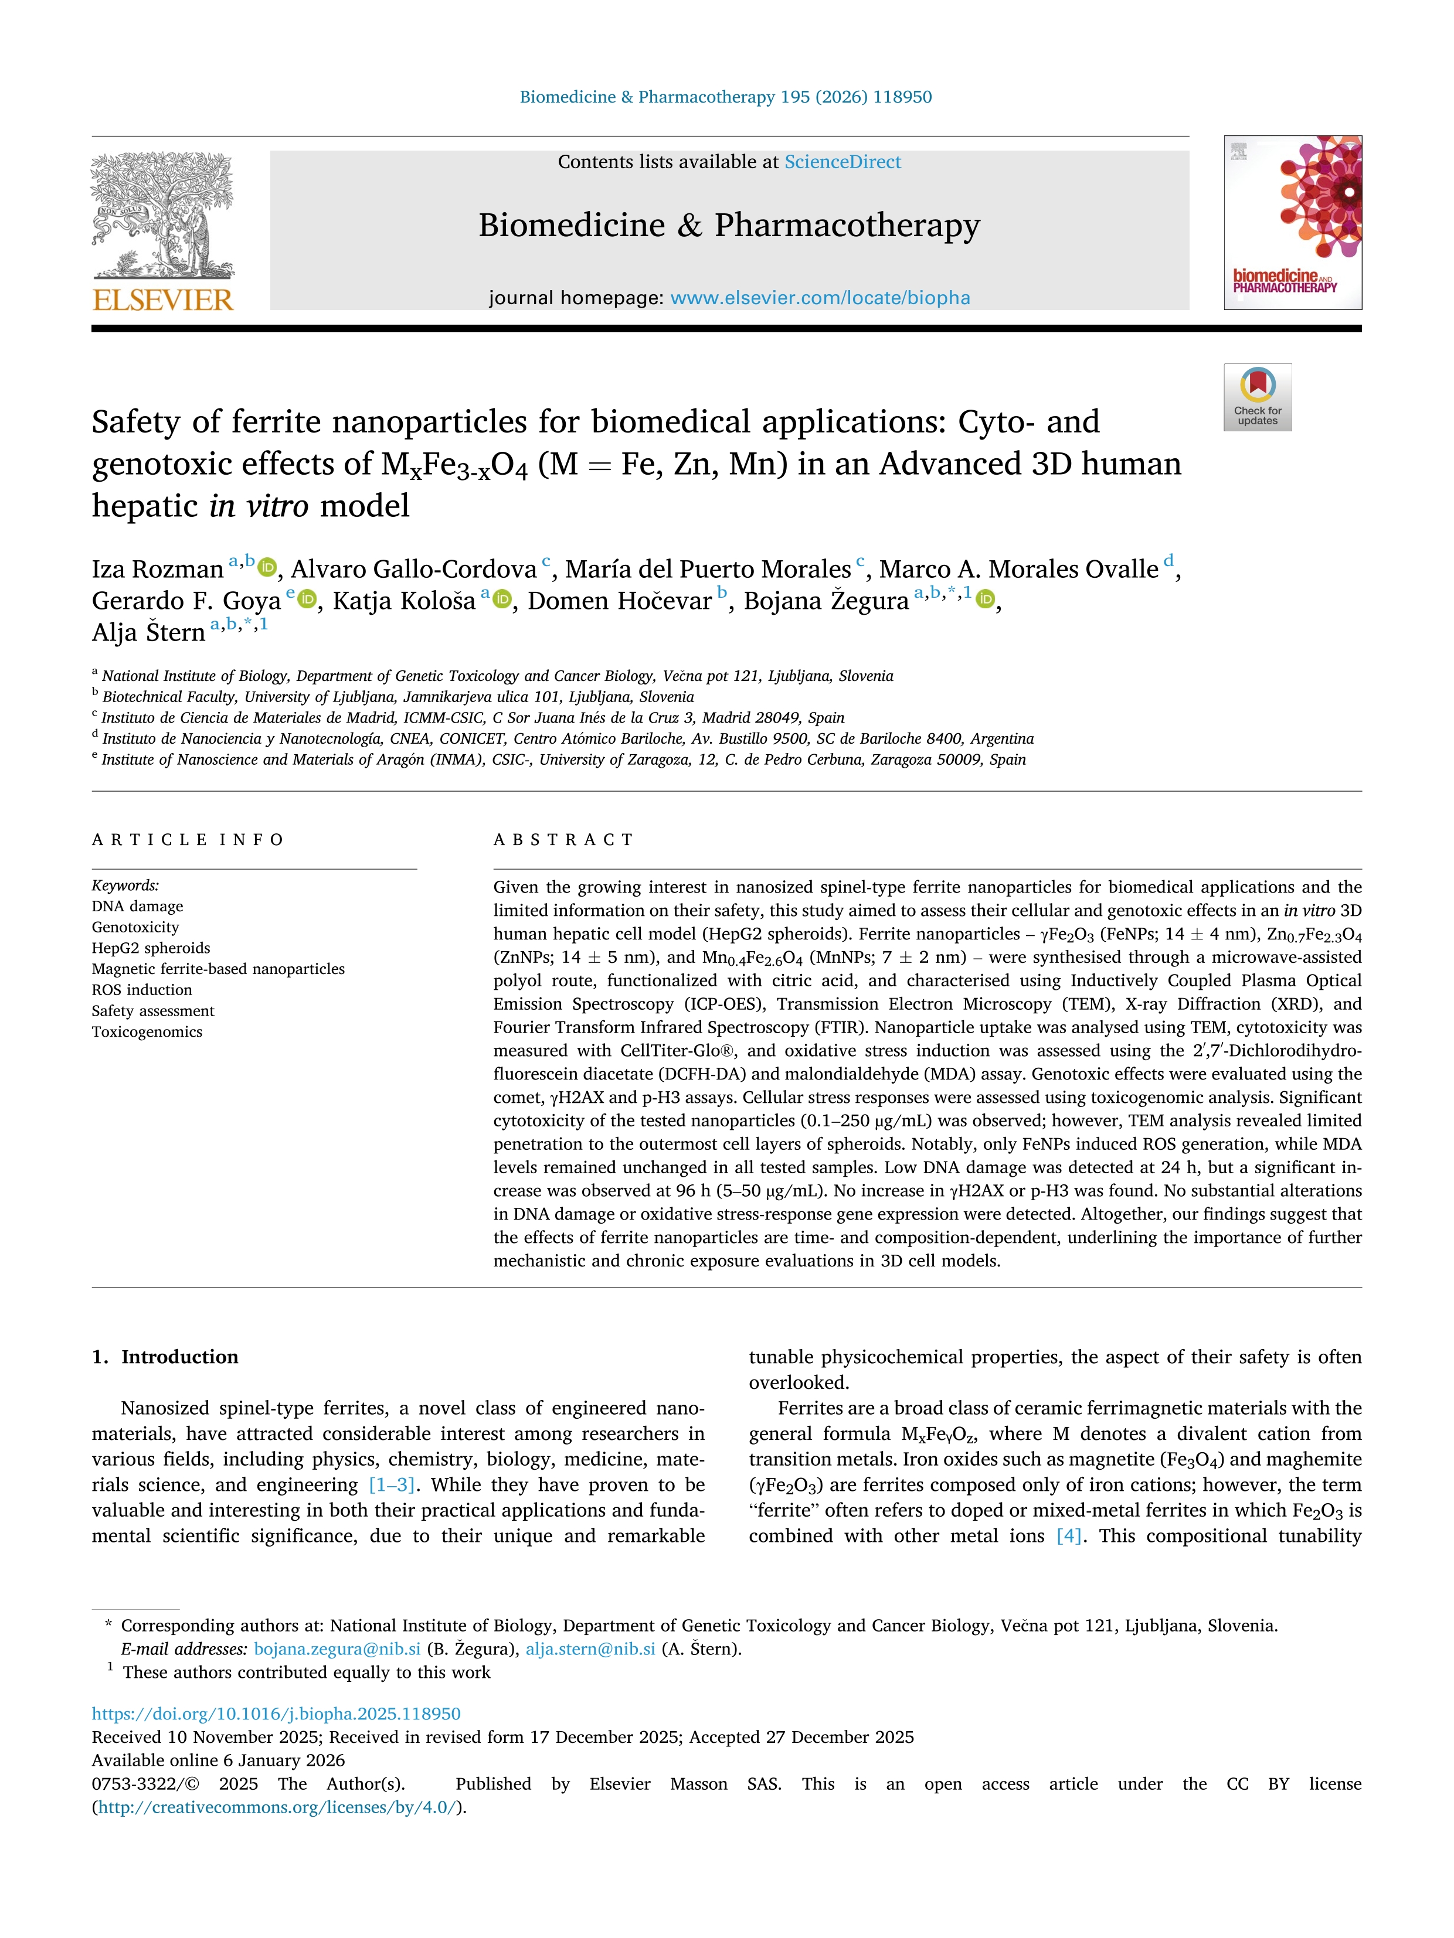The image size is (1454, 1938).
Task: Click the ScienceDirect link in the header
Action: click(842, 162)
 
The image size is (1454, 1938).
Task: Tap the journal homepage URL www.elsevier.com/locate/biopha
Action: click(820, 298)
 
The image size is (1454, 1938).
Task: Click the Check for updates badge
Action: click(1257, 397)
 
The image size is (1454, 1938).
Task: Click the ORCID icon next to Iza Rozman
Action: click(267, 568)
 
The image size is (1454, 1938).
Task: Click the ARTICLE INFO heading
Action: click(188, 839)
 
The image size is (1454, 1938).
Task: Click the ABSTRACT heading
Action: click(563, 839)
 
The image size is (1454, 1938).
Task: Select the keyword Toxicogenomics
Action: click(147, 1032)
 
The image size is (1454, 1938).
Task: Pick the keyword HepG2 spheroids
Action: click(151, 948)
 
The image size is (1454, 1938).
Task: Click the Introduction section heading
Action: click(179, 1357)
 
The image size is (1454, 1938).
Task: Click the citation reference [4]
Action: click(1068, 1536)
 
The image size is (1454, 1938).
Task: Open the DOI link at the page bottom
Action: click(276, 1714)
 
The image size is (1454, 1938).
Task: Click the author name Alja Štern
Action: click(148, 632)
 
